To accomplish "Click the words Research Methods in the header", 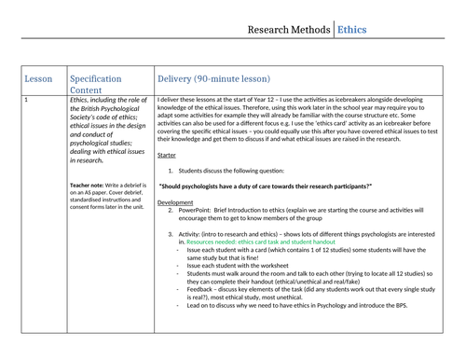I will (287, 31).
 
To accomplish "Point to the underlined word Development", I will (175, 201).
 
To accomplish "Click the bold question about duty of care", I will (266, 186).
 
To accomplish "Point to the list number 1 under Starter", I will (171, 171).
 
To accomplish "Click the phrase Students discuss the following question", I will (233, 171).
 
